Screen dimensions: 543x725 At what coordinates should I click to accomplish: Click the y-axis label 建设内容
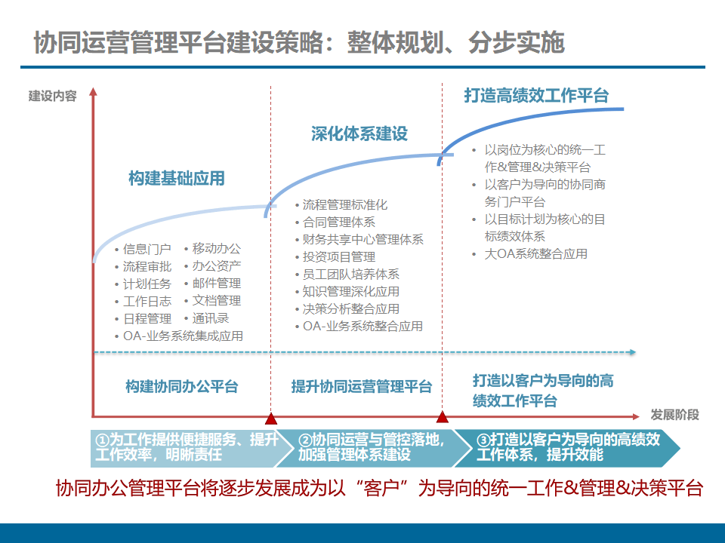(53, 97)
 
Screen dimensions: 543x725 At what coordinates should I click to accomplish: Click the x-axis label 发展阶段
(674, 415)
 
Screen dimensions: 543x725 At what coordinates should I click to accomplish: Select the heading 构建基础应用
(177, 179)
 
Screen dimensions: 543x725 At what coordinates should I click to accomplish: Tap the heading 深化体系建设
(359, 134)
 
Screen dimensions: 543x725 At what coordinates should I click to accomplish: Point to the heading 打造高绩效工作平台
(535, 95)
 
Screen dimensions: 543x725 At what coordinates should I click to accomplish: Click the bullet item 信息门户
(147, 249)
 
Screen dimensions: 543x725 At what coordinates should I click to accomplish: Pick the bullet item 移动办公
(217, 248)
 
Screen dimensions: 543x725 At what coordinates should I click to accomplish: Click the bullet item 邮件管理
(217, 284)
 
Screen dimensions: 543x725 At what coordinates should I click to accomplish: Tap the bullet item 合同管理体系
(339, 222)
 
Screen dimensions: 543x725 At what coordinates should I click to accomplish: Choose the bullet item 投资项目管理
(339, 257)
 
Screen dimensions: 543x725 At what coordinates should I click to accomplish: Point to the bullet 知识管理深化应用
(351, 292)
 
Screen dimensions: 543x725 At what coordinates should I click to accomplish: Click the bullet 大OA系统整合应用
(535, 254)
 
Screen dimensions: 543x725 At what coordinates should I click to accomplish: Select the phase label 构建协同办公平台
(181, 387)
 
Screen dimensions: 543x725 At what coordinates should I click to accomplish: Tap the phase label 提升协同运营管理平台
(362, 387)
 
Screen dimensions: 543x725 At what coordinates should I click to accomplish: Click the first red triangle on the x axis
(271, 418)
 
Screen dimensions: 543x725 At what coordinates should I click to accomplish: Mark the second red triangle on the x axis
(443, 417)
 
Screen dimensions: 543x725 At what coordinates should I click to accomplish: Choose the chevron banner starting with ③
(570, 447)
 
